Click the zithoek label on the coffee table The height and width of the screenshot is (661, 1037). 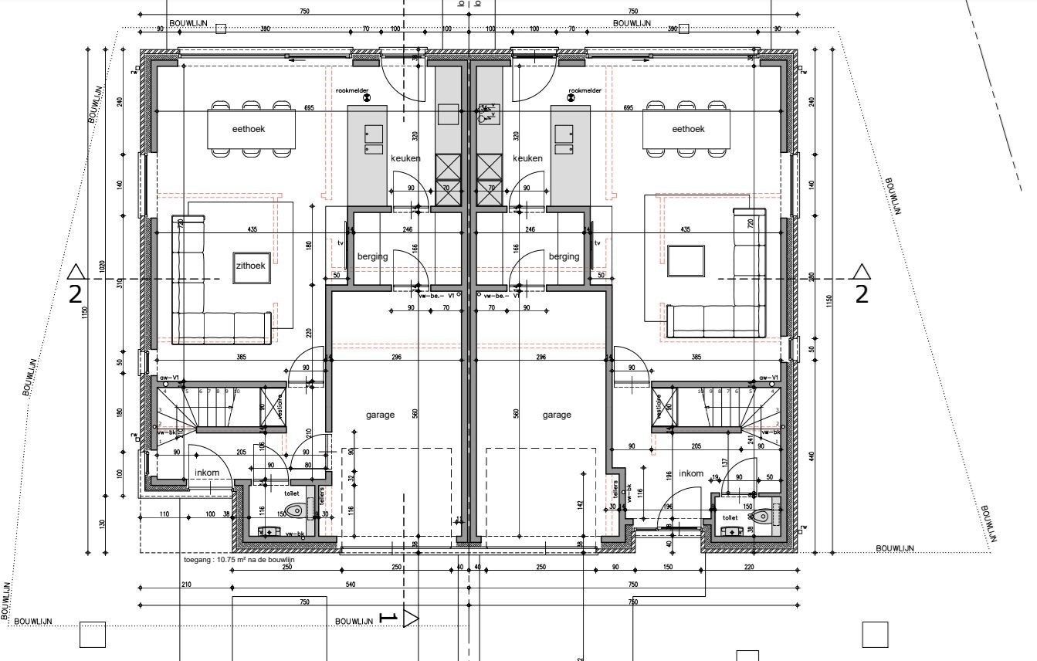click(250, 265)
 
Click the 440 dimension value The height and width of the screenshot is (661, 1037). click(811, 456)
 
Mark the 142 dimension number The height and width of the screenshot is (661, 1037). click(579, 505)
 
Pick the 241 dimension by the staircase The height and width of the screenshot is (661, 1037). click(750, 440)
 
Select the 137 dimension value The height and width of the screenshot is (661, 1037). click(724, 463)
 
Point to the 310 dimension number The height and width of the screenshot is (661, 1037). click(120, 283)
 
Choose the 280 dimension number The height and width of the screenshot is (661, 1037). click(811, 276)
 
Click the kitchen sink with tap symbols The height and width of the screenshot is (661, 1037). click(488, 114)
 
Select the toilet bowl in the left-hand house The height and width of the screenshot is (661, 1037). click(295, 510)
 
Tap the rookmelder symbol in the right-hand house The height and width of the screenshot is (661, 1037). click(571, 98)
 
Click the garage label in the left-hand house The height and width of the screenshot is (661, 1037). click(380, 415)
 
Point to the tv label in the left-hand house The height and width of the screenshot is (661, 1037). click(340, 242)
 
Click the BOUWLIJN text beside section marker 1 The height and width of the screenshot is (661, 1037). click(354, 621)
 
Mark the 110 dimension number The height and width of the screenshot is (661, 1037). click(164, 514)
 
